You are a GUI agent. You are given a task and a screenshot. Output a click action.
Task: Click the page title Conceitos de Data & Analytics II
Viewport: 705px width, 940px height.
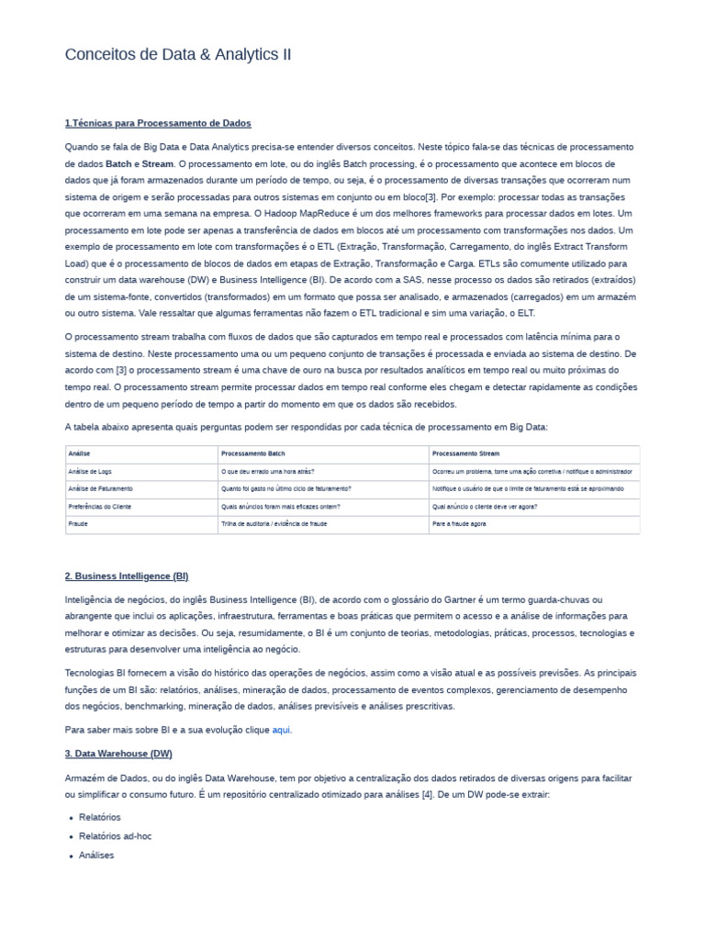(x=178, y=55)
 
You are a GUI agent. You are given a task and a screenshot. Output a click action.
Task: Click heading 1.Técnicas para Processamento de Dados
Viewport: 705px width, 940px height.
(x=158, y=123)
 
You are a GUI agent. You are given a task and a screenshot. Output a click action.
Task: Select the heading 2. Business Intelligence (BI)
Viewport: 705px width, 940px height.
(x=127, y=576)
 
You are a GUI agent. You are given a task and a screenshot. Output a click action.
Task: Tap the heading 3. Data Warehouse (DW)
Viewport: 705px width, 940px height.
(x=118, y=754)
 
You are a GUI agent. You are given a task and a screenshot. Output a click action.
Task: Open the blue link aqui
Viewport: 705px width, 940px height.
(x=282, y=730)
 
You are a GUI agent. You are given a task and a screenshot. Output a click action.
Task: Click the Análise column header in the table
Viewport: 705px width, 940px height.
(x=79, y=453)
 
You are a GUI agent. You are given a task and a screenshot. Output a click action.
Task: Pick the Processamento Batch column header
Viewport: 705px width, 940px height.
(x=252, y=453)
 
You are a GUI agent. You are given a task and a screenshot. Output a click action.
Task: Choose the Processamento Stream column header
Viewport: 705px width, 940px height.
(x=465, y=453)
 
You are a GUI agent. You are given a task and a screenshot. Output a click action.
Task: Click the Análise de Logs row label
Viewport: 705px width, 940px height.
(x=89, y=471)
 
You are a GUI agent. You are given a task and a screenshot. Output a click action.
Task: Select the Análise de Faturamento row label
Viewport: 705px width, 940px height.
(x=100, y=488)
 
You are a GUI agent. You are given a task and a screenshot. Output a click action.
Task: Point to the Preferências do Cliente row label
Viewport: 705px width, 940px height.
(x=100, y=506)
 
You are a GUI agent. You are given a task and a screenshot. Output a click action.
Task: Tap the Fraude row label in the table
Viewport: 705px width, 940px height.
(x=78, y=524)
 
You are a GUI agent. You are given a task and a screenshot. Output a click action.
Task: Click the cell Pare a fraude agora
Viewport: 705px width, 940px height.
(x=459, y=524)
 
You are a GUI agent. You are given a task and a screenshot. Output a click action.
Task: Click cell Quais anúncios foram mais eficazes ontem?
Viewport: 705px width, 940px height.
(x=281, y=506)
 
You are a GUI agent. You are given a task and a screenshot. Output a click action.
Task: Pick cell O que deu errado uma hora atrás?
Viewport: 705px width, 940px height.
(x=268, y=471)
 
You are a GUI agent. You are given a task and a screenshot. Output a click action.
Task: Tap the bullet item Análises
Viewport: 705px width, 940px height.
(x=96, y=856)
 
